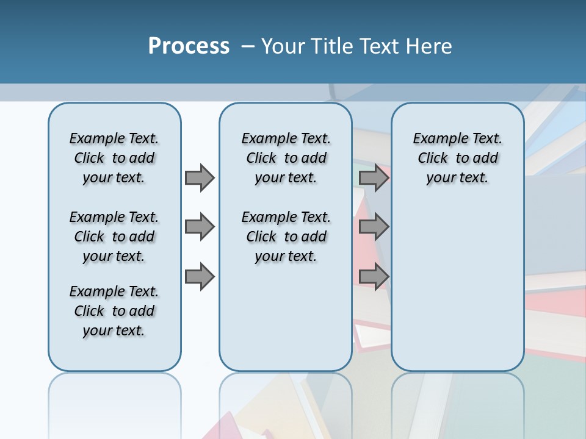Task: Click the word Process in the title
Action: pos(189,46)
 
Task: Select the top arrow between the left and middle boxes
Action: pos(200,177)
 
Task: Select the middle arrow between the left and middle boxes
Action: pos(200,227)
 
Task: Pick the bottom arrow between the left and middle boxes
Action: pos(200,277)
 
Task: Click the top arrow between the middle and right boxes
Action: pos(374,177)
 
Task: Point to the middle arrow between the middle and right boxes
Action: pos(374,227)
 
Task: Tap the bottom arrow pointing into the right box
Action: pos(374,277)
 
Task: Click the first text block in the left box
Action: pos(114,158)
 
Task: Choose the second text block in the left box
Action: pos(114,237)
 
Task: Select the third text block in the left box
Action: pos(114,311)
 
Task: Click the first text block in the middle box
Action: pos(286,158)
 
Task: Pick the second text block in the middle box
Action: pos(286,237)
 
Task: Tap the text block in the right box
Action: pos(457,158)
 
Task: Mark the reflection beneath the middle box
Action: pos(286,402)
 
